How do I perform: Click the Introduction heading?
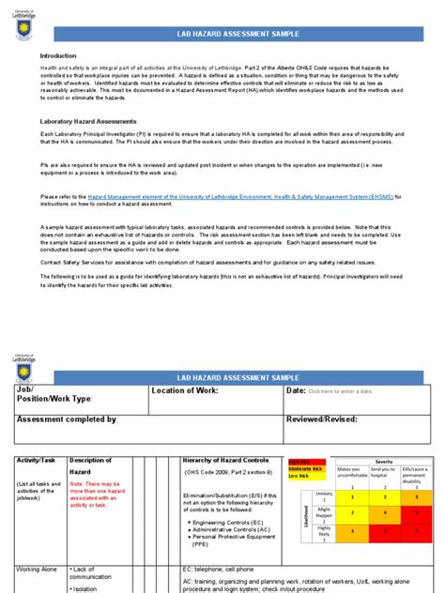coord(58,56)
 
